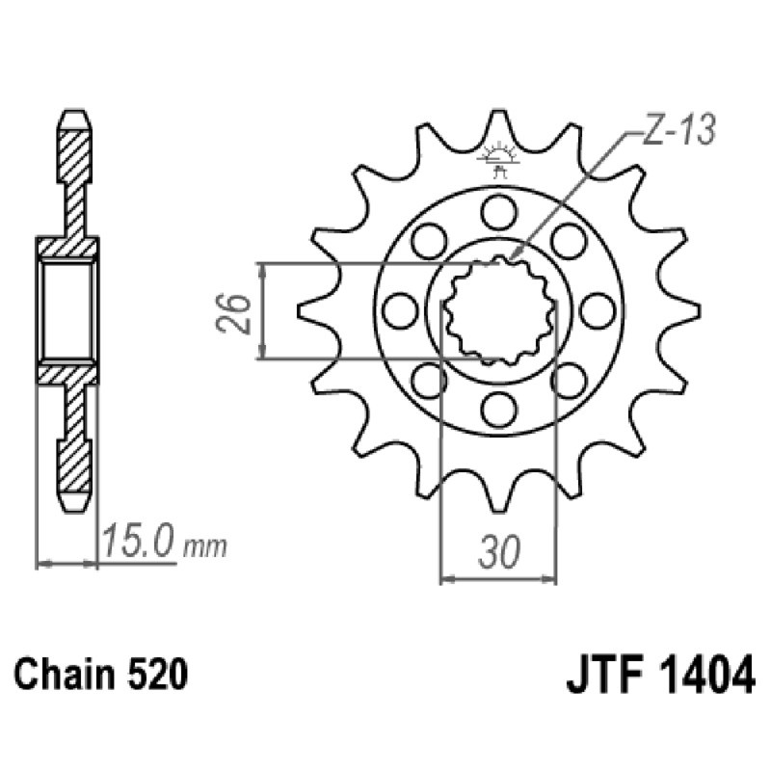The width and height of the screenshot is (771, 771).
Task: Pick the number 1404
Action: pyautogui.click(x=701, y=674)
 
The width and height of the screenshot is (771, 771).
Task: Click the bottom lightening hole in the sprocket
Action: pyautogui.click(x=498, y=410)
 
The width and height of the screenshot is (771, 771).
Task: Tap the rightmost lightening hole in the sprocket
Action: pyautogui.click(x=598, y=309)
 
